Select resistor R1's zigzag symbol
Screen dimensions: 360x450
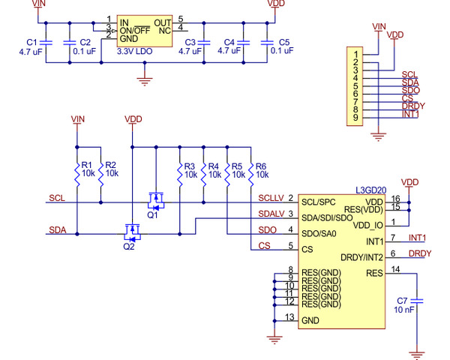(x=77, y=174)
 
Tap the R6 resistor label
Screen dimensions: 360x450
(x=262, y=165)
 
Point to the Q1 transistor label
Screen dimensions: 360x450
(x=153, y=214)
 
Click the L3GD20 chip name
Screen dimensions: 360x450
(x=370, y=190)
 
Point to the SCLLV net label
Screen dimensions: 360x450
(x=270, y=197)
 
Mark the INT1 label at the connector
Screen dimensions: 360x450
(x=410, y=114)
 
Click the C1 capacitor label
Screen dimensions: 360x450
(x=31, y=42)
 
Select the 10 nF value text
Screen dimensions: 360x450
(x=403, y=309)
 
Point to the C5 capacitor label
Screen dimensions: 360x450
(x=283, y=42)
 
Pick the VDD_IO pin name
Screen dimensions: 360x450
(x=367, y=225)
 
